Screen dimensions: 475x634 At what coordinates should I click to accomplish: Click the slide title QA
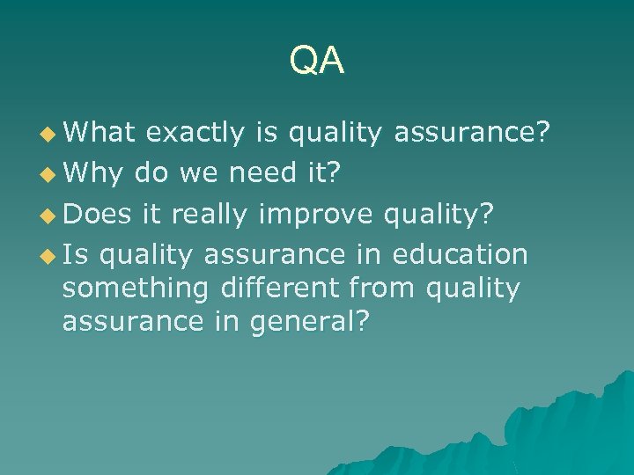[317, 61]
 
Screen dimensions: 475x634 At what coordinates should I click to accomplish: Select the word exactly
[195, 134]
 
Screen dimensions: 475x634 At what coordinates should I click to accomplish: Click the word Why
[93, 174]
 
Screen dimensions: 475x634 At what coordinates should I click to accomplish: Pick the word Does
[98, 215]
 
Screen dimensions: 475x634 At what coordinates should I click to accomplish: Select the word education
[460, 255]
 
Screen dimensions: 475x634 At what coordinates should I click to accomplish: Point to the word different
[284, 288]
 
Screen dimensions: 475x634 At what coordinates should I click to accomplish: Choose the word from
[384, 288]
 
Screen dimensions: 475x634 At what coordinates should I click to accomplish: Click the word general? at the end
[309, 323]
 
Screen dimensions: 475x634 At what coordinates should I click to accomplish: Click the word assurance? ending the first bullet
[472, 134]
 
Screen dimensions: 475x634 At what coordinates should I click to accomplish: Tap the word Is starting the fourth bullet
[76, 255]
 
